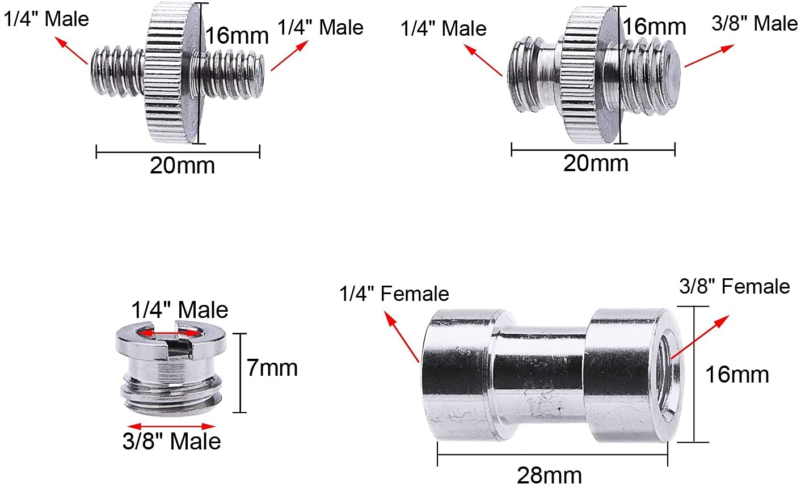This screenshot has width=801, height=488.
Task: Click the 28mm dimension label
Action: [549, 475]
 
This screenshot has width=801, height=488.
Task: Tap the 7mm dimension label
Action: [272, 368]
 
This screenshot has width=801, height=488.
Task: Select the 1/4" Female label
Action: [394, 294]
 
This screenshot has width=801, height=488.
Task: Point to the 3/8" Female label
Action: [735, 286]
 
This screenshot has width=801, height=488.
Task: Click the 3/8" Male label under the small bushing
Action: [171, 442]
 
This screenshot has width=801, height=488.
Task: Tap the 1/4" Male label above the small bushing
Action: [180, 310]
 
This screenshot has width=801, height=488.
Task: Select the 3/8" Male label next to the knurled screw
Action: [754, 24]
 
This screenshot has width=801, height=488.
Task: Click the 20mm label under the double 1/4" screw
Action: [182, 166]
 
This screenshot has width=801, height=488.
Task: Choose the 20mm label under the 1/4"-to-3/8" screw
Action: [596, 163]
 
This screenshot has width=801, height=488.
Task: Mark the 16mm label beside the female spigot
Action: [737, 375]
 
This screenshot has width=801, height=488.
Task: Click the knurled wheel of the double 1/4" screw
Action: [173, 74]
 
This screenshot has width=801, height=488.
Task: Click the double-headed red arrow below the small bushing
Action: [171, 426]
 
